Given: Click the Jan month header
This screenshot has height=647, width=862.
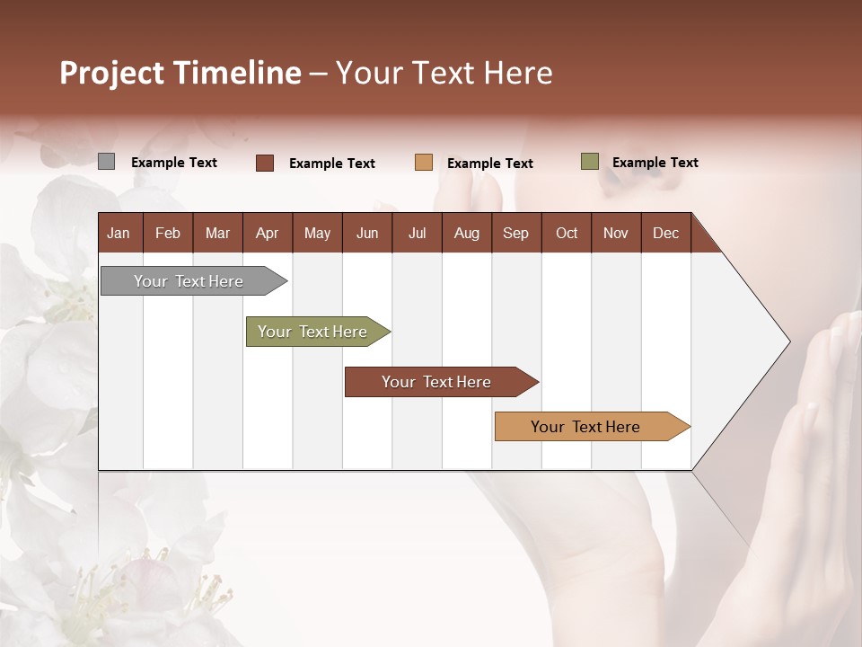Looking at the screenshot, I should tap(119, 233).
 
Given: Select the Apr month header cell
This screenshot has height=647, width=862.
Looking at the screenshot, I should tap(268, 233).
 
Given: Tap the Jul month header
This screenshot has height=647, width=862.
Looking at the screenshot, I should tap(417, 233).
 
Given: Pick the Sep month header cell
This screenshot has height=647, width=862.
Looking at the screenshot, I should tap(516, 233).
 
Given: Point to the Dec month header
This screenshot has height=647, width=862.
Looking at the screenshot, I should tap(665, 233).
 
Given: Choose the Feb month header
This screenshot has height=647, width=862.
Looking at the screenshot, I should tap(168, 233).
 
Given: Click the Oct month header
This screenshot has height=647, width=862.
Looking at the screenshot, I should tap(567, 233).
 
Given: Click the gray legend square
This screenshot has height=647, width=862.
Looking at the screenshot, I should tap(106, 162).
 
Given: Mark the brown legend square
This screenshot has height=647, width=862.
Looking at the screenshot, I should tap(264, 163).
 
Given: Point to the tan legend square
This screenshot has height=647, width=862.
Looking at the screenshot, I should tap(424, 163).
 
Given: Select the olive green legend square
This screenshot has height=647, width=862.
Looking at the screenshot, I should tap(589, 162).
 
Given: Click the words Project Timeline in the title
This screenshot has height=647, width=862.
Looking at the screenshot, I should tap(180, 73).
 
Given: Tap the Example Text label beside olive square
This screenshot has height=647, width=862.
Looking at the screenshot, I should tap(655, 163).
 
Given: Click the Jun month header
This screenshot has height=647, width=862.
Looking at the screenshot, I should tap(367, 233).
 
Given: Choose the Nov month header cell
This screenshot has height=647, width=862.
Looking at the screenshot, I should tap(616, 233).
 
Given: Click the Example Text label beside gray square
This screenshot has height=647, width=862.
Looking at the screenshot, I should tap(174, 163).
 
